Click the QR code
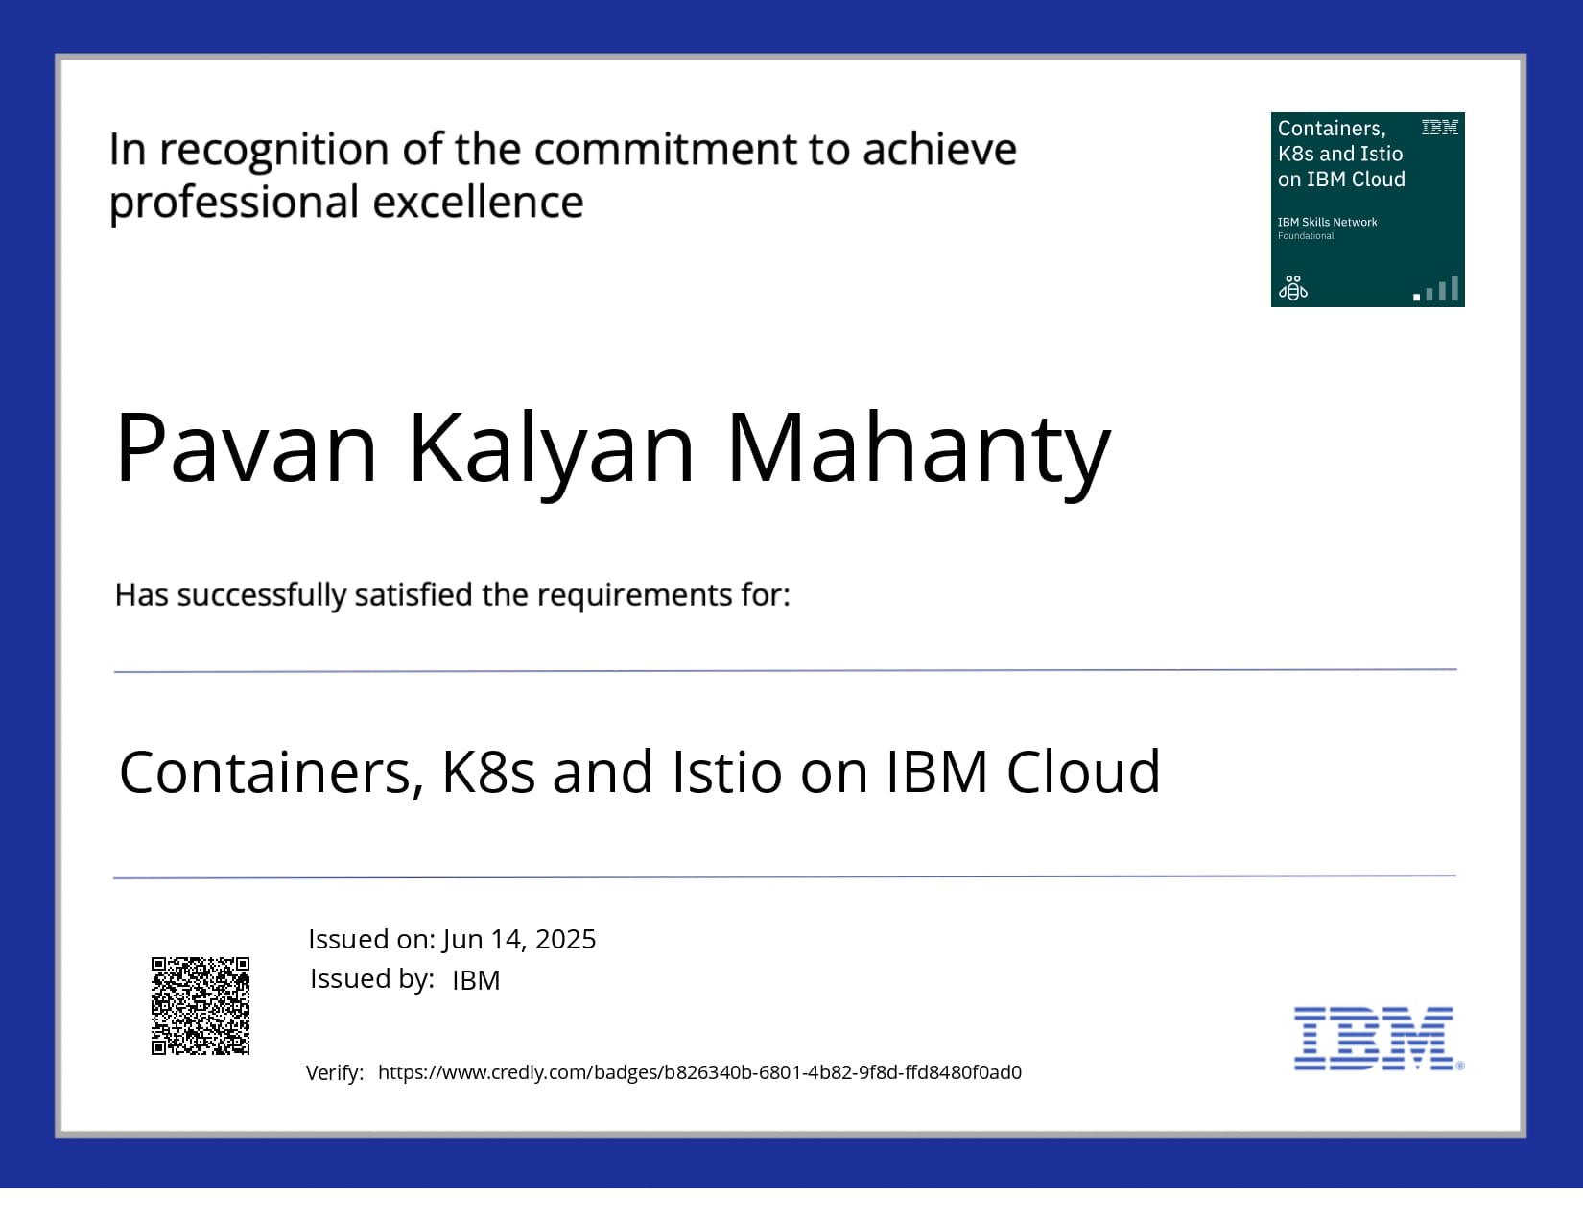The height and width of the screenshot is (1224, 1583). (201, 1006)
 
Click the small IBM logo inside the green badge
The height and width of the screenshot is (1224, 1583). (1439, 128)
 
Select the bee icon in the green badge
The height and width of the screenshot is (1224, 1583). (1293, 288)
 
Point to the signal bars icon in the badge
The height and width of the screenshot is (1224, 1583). (1436, 289)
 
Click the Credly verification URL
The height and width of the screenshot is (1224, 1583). (699, 1072)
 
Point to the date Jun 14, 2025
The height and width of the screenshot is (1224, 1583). (519, 940)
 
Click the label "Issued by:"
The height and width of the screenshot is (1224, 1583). (372, 979)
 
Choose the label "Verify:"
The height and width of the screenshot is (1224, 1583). (335, 1073)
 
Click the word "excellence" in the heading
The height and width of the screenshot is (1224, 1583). (478, 202)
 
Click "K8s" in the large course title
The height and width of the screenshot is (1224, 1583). (489, 772)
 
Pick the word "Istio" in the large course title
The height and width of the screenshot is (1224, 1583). (727, 772)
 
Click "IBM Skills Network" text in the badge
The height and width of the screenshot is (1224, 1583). (1327, 222)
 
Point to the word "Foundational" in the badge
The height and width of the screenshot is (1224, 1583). (1306, 236)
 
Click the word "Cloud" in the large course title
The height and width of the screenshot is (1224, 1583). (1083, 772)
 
